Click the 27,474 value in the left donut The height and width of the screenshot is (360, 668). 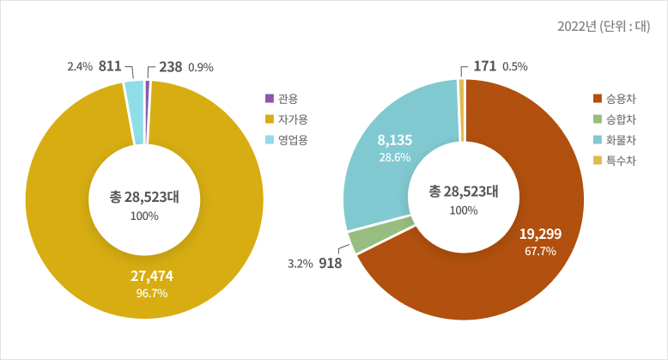(151, 276)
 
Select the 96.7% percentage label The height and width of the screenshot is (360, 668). (151, 294)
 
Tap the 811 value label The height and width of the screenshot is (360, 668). (109, 66)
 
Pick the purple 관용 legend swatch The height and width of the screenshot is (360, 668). (270, 98)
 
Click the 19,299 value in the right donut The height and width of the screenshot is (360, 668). (540, 233)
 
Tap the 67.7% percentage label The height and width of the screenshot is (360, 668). (540, 252)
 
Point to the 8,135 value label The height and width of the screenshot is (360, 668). (395, 139)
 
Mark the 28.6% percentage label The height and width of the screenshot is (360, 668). (395, 157)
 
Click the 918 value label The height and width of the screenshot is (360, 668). (330, 263)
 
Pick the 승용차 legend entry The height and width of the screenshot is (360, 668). (620, 98)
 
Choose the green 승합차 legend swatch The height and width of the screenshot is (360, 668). (598, 119)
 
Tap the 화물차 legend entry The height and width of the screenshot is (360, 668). (620, 139)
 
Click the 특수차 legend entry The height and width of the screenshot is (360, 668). (620, 160)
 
